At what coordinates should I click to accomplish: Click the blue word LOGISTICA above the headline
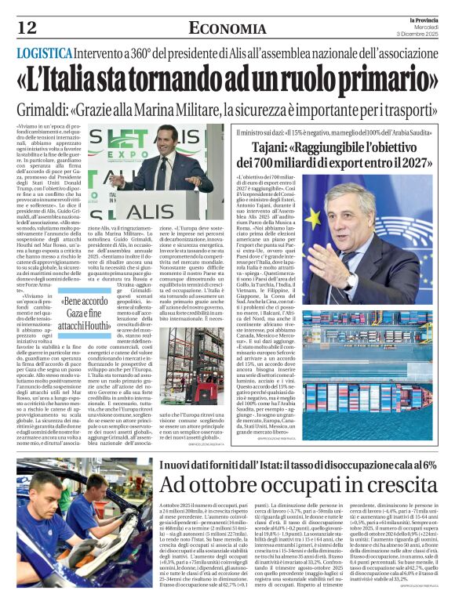pos(49,53)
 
